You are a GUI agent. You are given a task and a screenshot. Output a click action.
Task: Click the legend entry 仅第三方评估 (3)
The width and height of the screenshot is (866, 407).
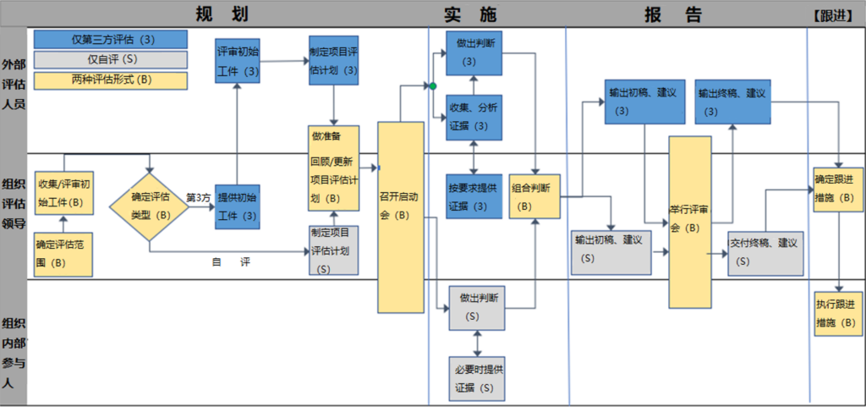[111, 40]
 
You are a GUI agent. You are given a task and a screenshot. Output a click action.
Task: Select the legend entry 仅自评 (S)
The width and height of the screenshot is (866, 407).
[111, 59]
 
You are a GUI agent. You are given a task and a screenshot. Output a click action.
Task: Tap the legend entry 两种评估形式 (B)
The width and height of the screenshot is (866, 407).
[111, 80]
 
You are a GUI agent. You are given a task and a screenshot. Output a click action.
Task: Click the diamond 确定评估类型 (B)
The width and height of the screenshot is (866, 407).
[150, 206]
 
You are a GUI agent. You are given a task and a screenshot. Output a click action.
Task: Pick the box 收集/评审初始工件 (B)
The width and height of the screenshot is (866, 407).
[64, 193]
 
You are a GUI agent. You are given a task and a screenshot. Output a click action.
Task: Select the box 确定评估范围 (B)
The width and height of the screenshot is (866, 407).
[63, 253]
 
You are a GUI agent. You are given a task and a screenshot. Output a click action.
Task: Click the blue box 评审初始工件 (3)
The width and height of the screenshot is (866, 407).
[238, 61]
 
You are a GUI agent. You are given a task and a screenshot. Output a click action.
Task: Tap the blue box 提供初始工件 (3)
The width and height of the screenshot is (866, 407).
[238, 206]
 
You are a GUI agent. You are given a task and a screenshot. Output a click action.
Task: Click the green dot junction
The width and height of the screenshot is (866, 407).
[433, 86]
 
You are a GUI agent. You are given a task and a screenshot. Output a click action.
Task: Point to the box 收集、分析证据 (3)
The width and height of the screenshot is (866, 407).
[474, 117]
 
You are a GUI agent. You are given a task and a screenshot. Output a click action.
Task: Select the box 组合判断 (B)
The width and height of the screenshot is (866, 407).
[534, 197]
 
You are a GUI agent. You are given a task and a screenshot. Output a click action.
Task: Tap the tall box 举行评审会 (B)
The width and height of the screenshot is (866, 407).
[690, 222]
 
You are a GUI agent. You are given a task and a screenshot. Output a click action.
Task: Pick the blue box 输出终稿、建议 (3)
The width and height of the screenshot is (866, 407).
[732, 102]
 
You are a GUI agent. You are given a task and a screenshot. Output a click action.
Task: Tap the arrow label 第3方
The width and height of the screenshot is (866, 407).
[198, 198]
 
